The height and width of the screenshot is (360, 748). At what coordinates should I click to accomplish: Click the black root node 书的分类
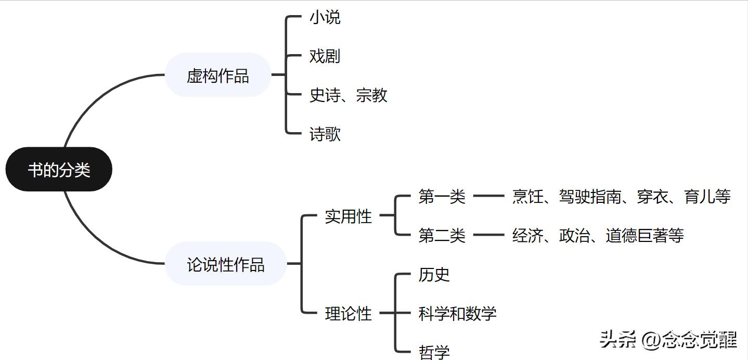[59, 170]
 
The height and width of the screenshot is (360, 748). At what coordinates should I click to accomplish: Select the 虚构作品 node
[218, 75]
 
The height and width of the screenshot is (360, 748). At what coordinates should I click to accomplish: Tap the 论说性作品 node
[226, 264]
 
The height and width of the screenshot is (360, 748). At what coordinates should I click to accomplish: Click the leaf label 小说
[325, 17]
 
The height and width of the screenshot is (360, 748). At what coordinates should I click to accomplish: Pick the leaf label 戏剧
[325, 56]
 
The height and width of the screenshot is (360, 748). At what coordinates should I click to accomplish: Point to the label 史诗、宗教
[349, 95]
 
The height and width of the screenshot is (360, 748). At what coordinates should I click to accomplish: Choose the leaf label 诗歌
[325, 135]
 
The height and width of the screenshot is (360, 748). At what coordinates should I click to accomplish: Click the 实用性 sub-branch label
[349, 216]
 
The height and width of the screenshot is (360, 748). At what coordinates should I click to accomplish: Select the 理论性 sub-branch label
[349, 313]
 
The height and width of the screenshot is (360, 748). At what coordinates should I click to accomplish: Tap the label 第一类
[442, 197]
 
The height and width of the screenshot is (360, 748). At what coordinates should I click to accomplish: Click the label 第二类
[442, 236]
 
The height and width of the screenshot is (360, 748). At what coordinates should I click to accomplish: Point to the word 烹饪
[527, 197]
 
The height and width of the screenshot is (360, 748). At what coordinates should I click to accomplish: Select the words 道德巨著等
[644, 236]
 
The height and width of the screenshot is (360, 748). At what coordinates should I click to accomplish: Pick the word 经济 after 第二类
[527, 236]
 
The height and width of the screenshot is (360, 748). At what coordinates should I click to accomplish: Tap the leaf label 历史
[434, 274]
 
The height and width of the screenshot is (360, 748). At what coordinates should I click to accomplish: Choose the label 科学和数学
[458, 313]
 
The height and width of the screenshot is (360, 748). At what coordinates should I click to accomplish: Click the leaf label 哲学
[434, 352]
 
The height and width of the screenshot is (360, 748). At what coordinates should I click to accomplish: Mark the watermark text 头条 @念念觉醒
[668, 340]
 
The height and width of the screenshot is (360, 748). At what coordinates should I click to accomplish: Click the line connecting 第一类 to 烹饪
[489, 197]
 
